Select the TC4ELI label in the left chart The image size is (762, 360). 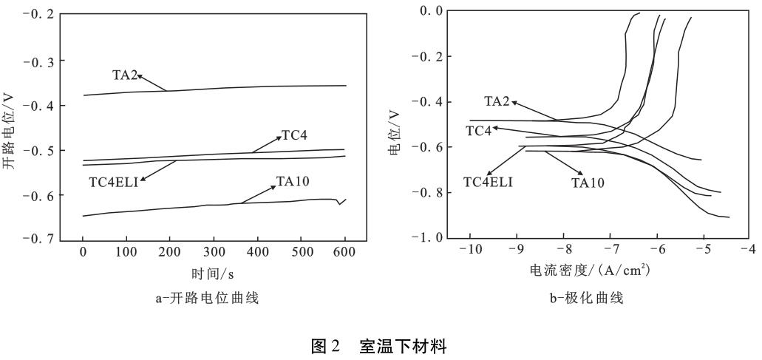(114, 181)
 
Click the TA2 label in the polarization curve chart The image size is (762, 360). (497, 101)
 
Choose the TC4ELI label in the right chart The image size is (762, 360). (488, 181)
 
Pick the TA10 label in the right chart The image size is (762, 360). (588, 181)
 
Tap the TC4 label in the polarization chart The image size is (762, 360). (478, 130)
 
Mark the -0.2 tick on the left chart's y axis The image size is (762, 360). (38, 15)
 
